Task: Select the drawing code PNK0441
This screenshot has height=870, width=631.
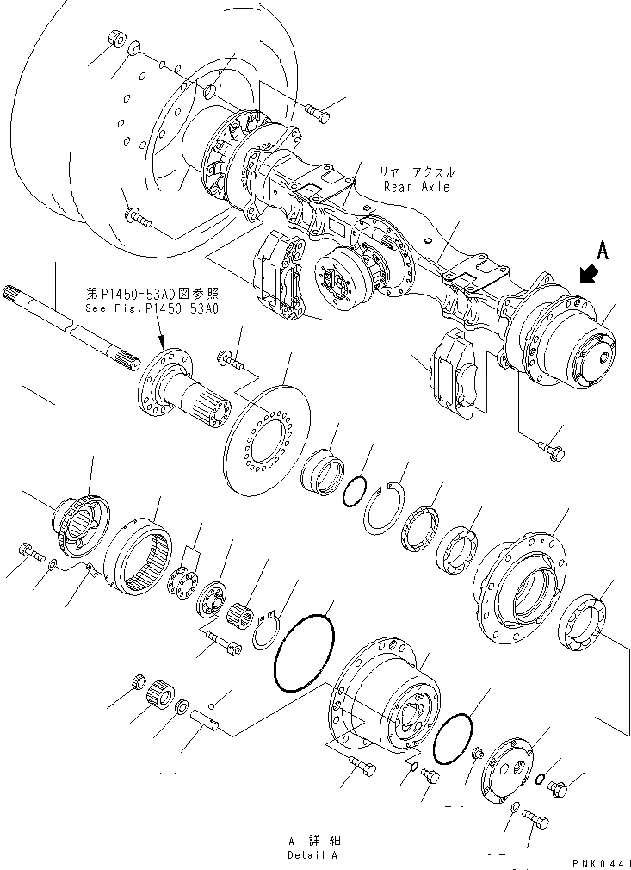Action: click(x=600, y=861)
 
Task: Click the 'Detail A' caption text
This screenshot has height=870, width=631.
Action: click(x=313, y=855)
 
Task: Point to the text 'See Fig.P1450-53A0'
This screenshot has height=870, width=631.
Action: click(x=152, y=308)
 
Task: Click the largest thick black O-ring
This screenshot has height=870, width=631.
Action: click(x=304, y=651)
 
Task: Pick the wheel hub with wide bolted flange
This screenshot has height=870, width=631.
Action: click(x=523, y=585)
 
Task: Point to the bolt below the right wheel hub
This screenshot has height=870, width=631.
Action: click(x=549, y=448)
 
